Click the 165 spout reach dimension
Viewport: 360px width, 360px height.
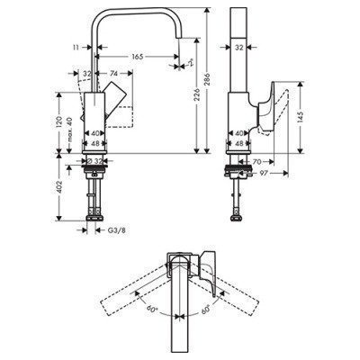point(137,57)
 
